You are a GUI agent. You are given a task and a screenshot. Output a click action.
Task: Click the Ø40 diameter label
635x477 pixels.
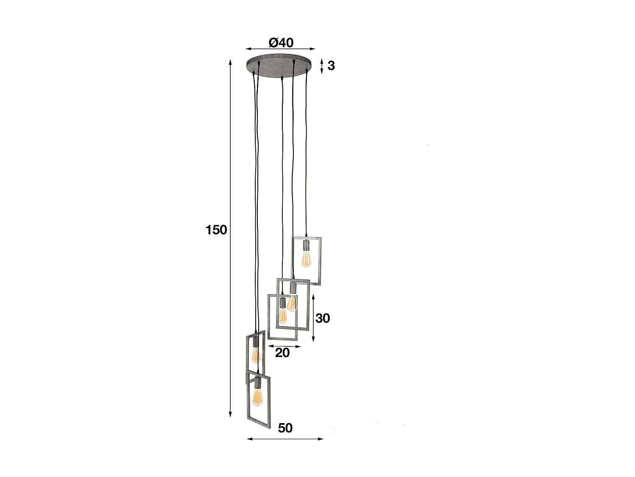281,43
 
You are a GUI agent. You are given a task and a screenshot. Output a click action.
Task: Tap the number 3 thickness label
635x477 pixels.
331,66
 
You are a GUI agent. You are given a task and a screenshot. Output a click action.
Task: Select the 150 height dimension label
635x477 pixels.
216,230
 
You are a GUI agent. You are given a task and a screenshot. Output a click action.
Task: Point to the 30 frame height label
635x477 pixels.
323,318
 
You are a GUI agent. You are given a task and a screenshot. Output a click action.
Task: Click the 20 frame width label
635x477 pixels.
282,352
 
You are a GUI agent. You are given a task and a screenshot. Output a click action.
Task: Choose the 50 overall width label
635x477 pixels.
285,428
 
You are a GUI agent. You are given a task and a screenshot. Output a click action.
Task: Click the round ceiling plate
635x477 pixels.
281,66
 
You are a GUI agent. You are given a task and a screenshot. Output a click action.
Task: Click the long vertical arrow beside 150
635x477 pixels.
230,237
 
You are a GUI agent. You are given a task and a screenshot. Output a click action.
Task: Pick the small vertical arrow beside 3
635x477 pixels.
322,66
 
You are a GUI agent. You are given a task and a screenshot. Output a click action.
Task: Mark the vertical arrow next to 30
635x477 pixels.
313,318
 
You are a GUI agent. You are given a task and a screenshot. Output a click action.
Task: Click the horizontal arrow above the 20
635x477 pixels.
283,346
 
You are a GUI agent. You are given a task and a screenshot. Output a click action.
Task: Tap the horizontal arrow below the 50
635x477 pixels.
284,439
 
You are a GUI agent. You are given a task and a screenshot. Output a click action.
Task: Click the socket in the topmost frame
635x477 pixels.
306,245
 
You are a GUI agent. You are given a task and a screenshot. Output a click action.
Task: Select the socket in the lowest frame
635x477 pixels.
257,382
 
